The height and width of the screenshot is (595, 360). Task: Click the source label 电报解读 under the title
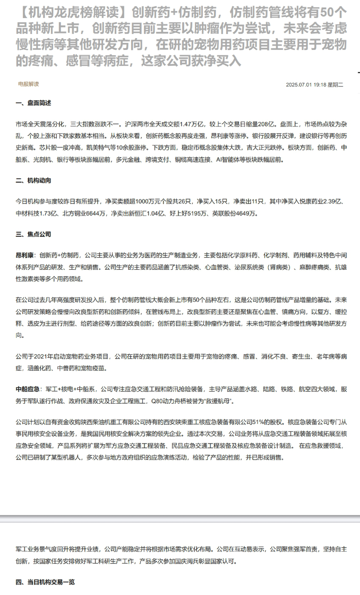pos(29,84)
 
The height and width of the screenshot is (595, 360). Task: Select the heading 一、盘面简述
pos(34,103)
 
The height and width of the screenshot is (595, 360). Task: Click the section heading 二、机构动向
pos(34,181)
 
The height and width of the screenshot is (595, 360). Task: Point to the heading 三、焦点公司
pos(34,234)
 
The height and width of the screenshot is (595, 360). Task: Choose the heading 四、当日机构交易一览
pos(45,582)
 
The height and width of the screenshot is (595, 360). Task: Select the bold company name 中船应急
pos(27,389)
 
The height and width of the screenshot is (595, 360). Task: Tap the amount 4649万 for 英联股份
pos(247,214)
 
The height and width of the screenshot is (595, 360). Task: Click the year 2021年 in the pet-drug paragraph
pos(40,357)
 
